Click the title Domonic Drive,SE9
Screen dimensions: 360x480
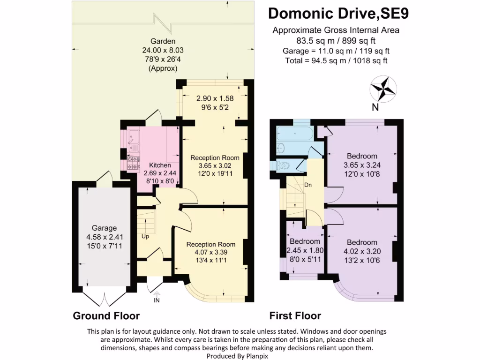point(338,14)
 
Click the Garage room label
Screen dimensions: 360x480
point(104,228)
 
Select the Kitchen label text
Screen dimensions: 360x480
point(160,165)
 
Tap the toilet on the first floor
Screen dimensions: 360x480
point(283,165)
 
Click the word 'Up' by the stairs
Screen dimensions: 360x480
point(145,236)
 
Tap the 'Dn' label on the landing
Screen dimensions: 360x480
point(308,185)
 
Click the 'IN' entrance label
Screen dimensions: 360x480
point(157,300)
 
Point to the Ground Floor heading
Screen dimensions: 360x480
point(106,315)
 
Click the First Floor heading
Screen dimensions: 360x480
point(295,315)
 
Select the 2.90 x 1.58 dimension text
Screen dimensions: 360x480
point(215,98)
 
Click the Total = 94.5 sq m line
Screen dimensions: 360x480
point(336,60)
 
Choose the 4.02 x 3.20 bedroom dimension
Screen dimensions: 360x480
point(361,251)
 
